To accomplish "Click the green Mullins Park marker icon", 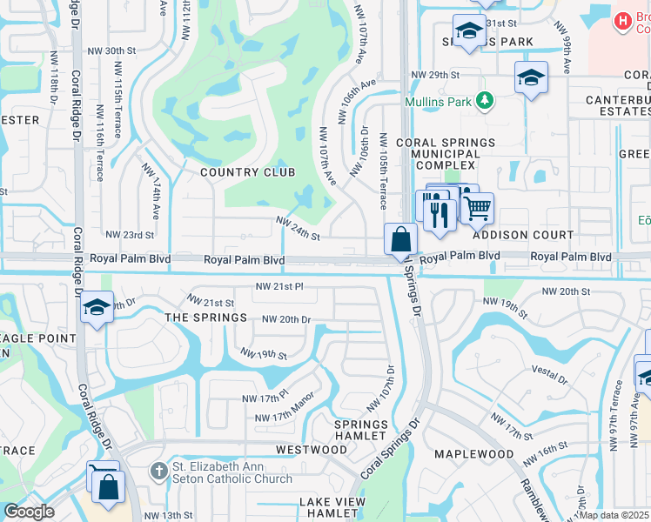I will (485, 103).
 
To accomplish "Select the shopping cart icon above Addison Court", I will (476, 208).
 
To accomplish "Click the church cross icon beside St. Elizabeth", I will (158, 471).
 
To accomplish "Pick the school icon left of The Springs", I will (97, 308).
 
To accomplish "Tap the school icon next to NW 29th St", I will (530, 78).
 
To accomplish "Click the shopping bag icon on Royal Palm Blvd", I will (400, 239).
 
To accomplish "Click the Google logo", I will (29, 512).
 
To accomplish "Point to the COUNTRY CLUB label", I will (248, 172).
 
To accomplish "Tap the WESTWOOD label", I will (311, 450).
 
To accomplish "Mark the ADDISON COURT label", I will (523, 235).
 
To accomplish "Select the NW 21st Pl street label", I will (279, 286).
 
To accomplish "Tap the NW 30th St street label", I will (127, 50).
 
